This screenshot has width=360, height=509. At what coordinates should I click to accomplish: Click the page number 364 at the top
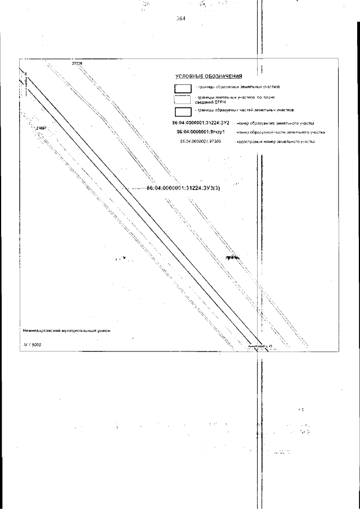[181, 18]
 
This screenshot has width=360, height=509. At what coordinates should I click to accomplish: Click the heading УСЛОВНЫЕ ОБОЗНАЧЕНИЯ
[209, 75]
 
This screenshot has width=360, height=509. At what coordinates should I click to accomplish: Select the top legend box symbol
[183, 88]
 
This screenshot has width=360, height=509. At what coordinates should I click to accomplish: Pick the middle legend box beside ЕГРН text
[183, 100]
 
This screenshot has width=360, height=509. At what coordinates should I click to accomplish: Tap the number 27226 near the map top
[77, 64]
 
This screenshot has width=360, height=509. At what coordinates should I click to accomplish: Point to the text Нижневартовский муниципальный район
[66, 331]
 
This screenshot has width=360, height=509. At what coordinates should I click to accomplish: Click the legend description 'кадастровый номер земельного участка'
[283, 142]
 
